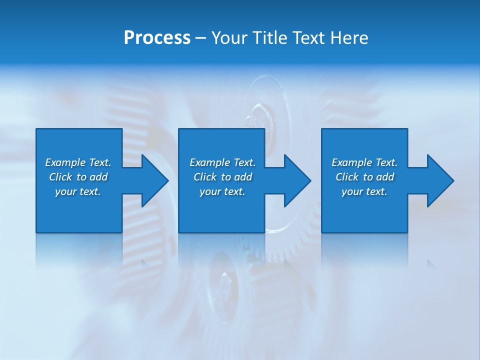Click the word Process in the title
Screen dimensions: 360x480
click(x=157, y=38)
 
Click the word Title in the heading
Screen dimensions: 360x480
click(x=270, y=38)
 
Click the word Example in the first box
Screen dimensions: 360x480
click(x=65, y=162)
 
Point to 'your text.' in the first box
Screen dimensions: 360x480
click(x=78, y=191)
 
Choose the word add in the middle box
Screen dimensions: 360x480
click(x=243, y=177)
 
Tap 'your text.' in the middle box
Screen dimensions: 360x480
click(x=222, y=191)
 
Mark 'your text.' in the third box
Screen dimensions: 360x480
click(x=364, y=191)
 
